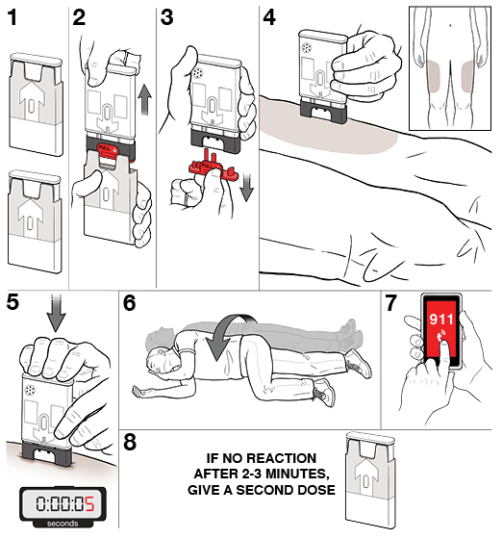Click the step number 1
pos(13,17)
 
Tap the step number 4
pos(269,17)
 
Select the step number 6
pos(130,303)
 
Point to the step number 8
pos(130,442)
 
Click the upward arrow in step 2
pos(144,100)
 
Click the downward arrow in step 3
pos(246,187)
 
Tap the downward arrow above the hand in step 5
pos(56,313)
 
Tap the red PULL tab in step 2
pos(108,150)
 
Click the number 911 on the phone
pos(441,320)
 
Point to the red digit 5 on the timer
pos(89,503)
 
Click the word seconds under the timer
pos(63,524)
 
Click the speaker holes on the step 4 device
pos(306,47)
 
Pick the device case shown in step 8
pos(370,480)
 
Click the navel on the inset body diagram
pos(450,25)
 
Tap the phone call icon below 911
pos(440,335)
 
